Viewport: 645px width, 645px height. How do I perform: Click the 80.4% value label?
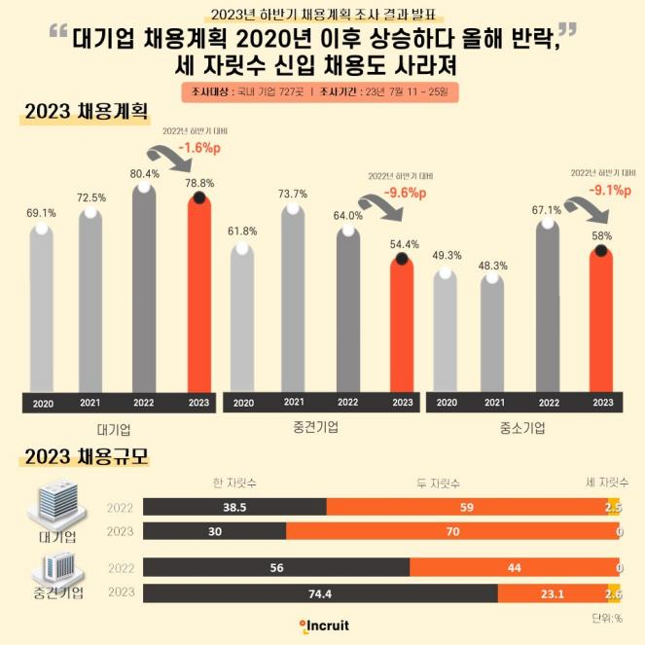144,173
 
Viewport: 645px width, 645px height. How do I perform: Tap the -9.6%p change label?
404,194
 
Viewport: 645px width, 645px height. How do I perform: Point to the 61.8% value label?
242,232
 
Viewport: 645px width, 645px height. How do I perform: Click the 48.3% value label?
493,265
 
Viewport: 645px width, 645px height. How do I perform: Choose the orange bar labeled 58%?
602,321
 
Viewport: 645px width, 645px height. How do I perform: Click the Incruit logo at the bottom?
323,626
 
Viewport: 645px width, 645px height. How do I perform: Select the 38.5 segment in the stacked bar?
233,507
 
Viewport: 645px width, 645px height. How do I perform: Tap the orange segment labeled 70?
453,531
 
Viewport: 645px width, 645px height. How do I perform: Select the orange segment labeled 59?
466,507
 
